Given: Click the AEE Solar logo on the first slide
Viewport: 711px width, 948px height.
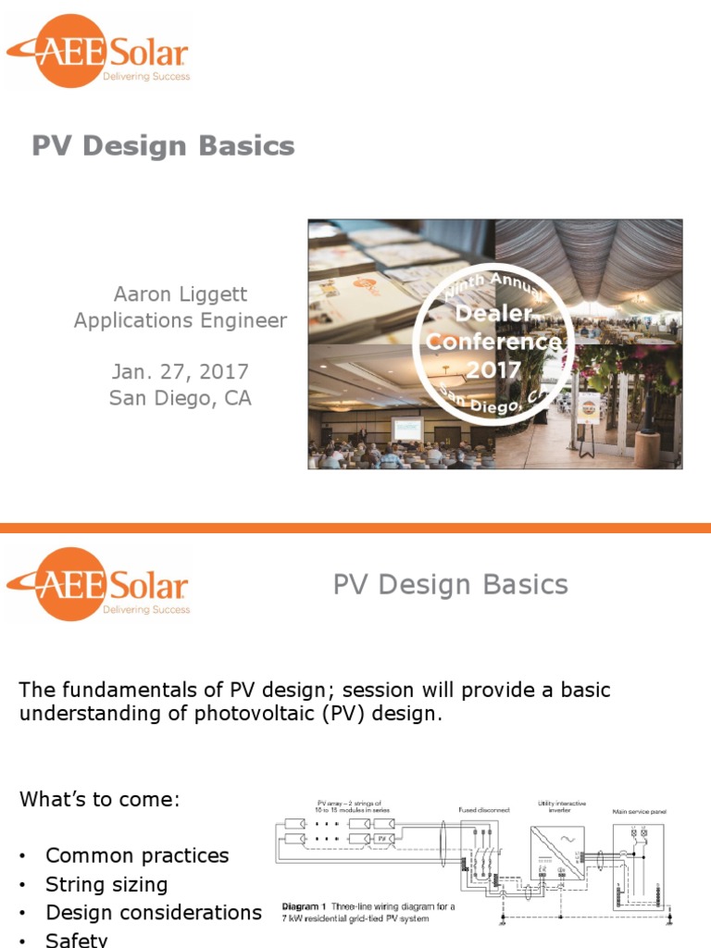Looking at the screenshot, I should point(97,51).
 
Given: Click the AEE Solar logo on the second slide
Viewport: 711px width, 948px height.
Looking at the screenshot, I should point(97,583).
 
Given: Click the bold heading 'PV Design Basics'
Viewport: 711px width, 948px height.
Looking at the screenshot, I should point(163,146).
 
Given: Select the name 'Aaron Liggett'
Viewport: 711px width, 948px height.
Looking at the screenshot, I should point(181,294).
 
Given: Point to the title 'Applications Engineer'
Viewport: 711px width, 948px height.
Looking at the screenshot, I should point(181,320).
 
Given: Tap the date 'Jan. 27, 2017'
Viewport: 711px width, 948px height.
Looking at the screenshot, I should point(181,372).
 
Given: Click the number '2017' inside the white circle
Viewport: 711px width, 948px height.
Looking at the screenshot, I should point(493,370).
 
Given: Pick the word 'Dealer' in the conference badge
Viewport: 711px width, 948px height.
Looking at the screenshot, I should point(493,314).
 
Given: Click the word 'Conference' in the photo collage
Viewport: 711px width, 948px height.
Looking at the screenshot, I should point(493,342).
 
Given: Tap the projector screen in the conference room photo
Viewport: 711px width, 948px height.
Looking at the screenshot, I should point(406,428).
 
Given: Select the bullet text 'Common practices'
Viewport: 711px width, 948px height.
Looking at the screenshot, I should point(137,855).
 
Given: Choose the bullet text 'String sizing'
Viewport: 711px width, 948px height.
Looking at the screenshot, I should point(106,884).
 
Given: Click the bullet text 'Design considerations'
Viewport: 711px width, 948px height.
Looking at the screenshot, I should point(154,913).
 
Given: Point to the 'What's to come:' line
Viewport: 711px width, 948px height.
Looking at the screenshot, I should point(99,799).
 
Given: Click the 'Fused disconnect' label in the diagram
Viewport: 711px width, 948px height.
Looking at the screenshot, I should point(484,809).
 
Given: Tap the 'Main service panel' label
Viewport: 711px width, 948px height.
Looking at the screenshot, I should point(639,812).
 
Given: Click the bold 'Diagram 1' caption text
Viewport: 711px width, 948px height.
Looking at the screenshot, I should point(306,906).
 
